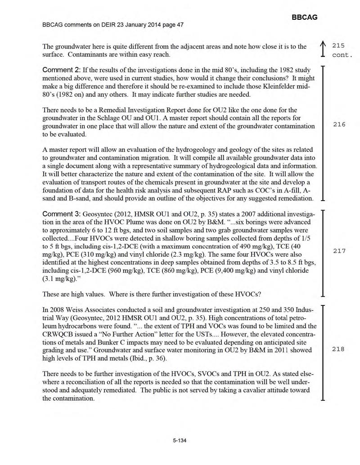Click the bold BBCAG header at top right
305,17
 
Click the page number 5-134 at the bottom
180,440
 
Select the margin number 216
338,124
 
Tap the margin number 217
338,251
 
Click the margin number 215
338,46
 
